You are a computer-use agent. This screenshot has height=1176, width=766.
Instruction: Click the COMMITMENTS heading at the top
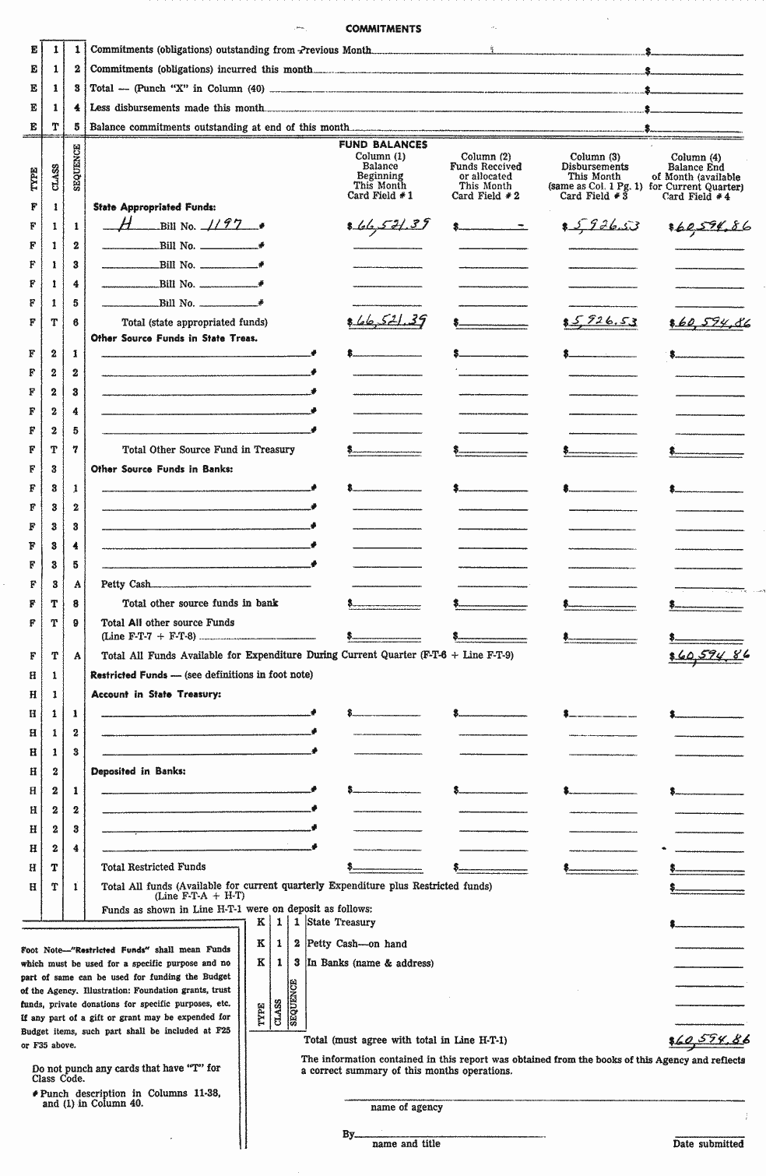point(383,29)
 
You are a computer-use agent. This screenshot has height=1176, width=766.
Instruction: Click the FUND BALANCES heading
point(383,145)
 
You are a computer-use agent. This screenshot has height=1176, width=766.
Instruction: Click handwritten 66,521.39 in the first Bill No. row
point(389,226)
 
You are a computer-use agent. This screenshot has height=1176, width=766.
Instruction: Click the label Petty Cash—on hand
point(357,944)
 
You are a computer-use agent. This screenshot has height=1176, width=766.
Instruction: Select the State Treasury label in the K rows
point(341,923)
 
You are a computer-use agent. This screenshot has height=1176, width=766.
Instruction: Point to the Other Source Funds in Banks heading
point(162,469)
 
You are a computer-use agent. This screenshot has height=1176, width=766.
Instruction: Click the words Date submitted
point(708,1144)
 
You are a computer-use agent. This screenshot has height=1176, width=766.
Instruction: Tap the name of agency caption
point(406,1107)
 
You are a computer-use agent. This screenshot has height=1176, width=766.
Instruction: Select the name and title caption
point(406,1144)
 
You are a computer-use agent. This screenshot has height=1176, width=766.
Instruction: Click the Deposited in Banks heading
point(138,771)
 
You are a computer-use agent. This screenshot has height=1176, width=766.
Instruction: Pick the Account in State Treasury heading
point(156,694)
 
